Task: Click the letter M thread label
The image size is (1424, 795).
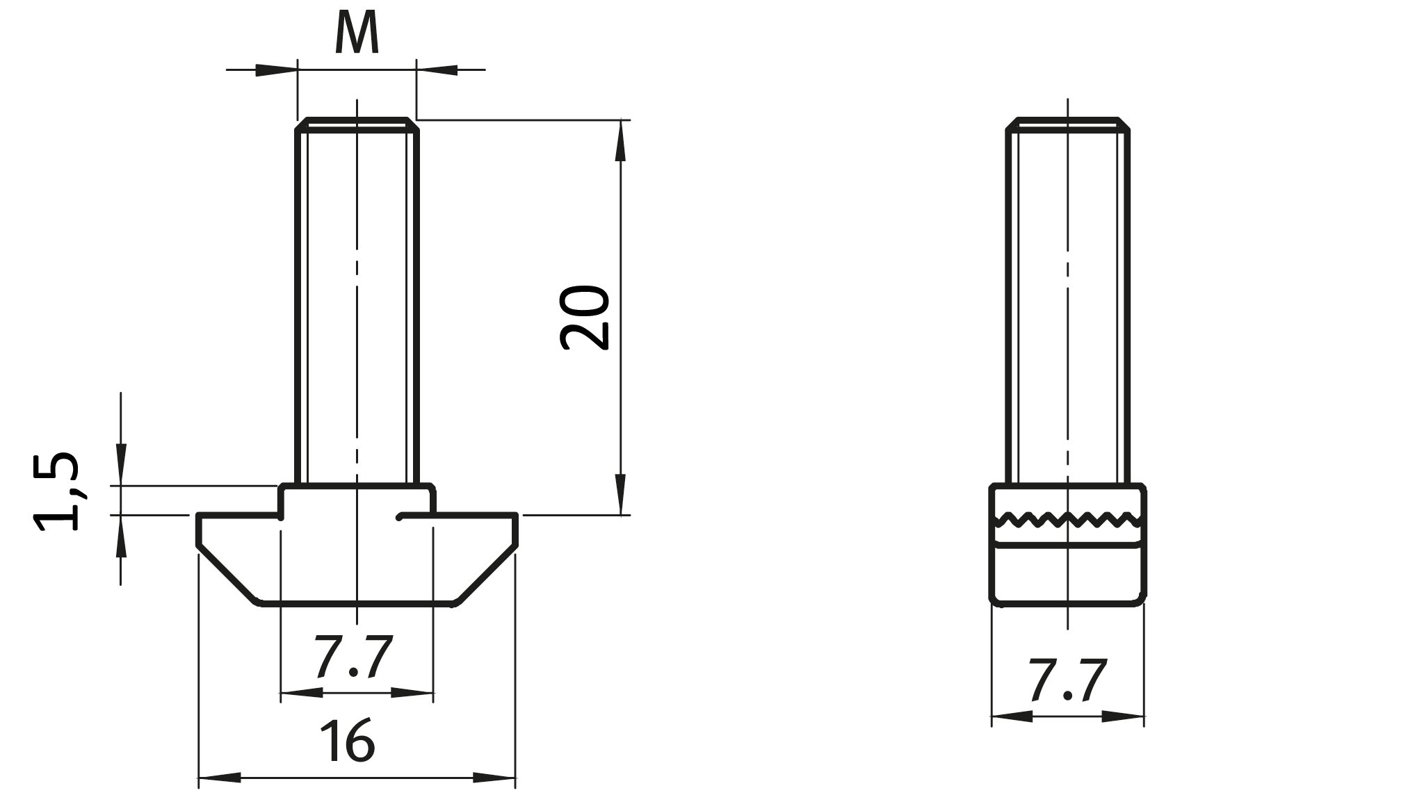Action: [357, 33]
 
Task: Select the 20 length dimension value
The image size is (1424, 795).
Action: [585, 317]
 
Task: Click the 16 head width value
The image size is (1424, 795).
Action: [348, 740]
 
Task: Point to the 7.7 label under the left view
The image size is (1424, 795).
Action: [353, 657]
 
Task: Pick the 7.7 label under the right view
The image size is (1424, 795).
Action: [1068, 681]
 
